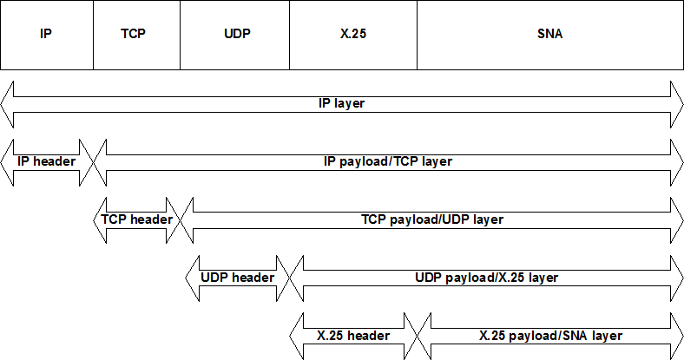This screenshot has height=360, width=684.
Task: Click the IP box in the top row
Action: (47, 35)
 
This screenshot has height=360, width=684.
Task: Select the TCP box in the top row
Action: (136, 35)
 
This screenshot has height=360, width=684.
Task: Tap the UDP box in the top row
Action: (234, 35)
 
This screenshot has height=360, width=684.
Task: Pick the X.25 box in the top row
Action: (353, 35)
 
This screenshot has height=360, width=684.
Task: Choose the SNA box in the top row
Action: (550, 35)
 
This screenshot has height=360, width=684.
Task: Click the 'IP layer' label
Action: (341, 104)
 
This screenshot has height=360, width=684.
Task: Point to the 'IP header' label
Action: (47, 161)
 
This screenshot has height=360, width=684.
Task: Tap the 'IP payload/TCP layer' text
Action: (388, 162)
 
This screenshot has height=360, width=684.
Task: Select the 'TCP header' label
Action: (136, 219)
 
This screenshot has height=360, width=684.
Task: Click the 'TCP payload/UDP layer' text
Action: (432, 219)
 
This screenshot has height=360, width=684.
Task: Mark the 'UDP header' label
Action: (238, 278)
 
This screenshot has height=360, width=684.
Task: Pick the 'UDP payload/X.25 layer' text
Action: (486, 278)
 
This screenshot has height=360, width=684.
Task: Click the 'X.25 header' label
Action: (353, 336)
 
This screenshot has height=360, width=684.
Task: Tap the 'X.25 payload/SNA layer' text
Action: (550, 336)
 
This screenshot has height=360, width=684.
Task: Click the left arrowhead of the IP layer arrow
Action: (7, 104)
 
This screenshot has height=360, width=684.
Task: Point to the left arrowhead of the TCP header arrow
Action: (100, 220)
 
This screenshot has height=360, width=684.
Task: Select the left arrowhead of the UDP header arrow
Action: (193, 278)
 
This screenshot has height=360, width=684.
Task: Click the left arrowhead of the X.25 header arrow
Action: (297, 336)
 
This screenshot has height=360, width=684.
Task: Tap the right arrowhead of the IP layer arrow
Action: (677, 104)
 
